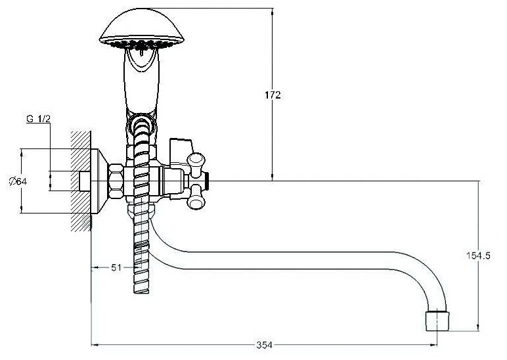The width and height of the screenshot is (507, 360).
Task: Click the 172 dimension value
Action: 273,96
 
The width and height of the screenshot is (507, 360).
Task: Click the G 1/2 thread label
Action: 39,119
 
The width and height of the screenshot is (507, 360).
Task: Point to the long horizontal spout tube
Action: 289,260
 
